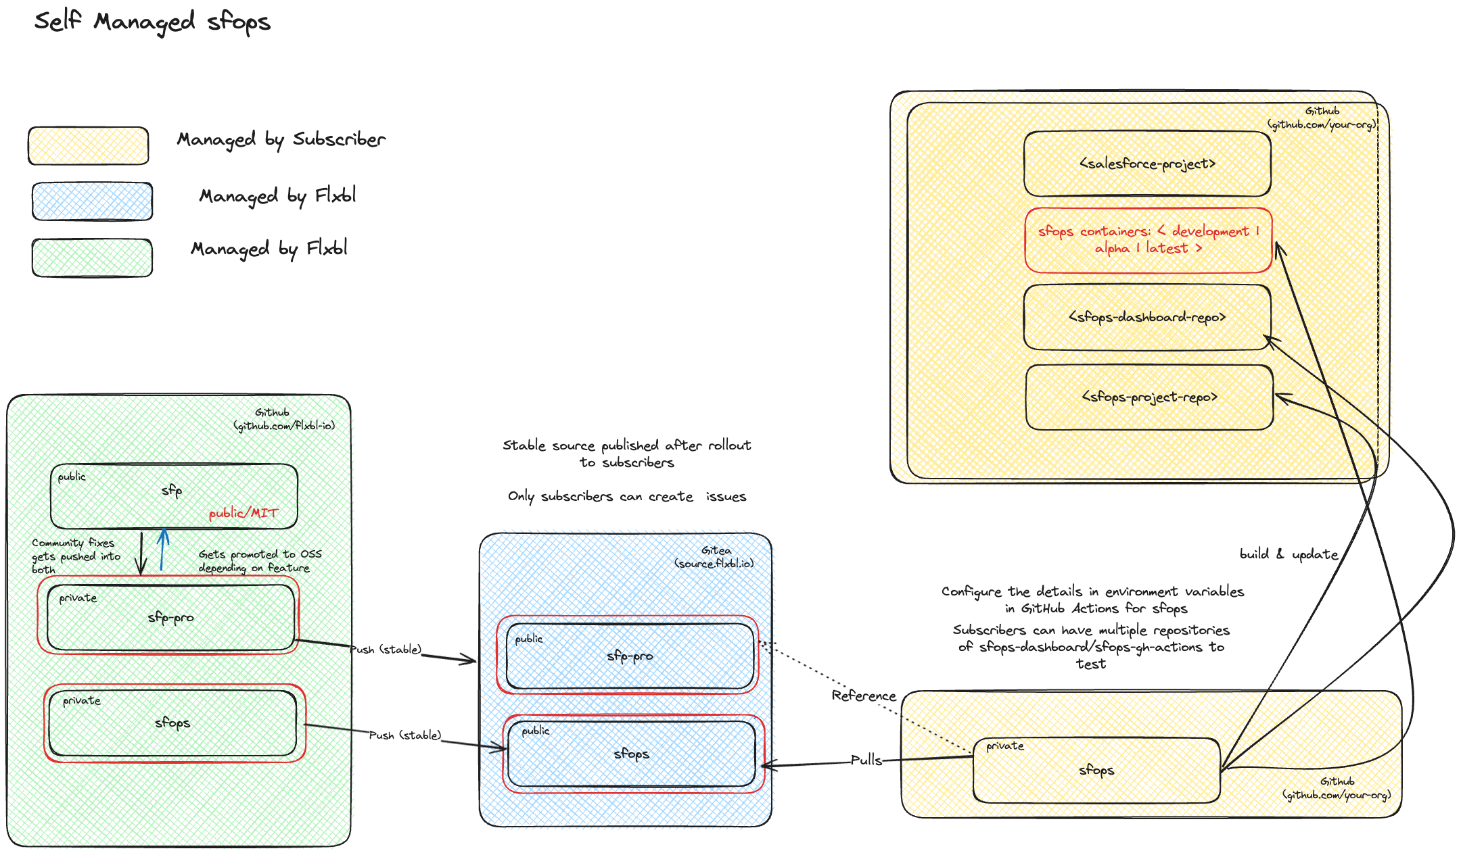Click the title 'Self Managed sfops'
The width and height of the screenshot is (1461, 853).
(x=152, y=22)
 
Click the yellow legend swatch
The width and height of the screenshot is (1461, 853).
(x=88, y=145)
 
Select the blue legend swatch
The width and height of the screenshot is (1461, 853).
(x=92, y=201)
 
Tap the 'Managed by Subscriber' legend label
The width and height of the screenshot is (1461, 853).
(x=281, y=139)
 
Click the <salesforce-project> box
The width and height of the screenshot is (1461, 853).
(x=1147, y=164)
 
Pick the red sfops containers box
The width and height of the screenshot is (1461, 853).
(x=1148, y=240)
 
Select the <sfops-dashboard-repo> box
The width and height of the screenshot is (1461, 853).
(x=1147, y=317)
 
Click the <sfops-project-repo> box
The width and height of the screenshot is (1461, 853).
(x=1149, y=397)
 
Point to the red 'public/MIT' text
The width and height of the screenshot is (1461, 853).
(x=243, y=513)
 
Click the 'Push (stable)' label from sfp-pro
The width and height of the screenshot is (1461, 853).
(x=387, y=650)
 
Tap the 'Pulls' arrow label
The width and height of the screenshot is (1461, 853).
(x=866, y=760)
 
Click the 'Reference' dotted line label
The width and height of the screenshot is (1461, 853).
(x=864, y=696)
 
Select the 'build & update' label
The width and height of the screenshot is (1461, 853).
(x=1289, y=554)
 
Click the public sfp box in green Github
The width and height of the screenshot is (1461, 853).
(x=174, y=495)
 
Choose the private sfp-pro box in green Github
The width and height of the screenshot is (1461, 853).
(x=170, y=617)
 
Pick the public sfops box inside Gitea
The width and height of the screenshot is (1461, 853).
(x=631, y=754)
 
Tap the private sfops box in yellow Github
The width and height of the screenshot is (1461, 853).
(x=1096, y=770)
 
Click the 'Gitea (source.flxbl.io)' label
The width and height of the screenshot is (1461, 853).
(x=714, y=557)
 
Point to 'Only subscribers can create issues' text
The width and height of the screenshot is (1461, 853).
(x=627, y=497)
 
